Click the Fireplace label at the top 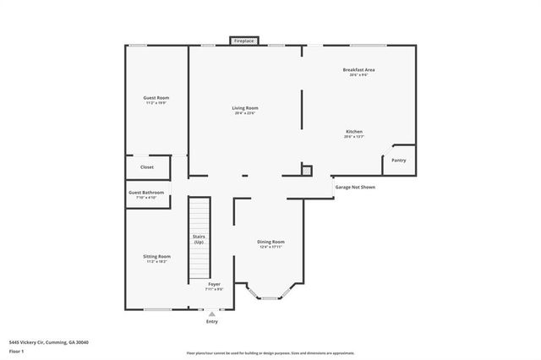point(244,41)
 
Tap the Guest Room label point(157,99)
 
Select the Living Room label point(245,109)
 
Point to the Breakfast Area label point(358,70)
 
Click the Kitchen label point(354,133)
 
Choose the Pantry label point(399,160)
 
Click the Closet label point(147,167)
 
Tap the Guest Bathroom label point(146,194)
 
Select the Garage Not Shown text point(355,187)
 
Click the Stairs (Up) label point(199,239)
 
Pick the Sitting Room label point(158,258)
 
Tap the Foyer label point(214,286)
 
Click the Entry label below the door point(211,322)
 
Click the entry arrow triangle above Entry point(211,314)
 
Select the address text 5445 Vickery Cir point(48,341)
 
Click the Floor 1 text point(17,350)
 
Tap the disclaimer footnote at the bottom point(270,353)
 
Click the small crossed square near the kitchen point(306,170)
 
